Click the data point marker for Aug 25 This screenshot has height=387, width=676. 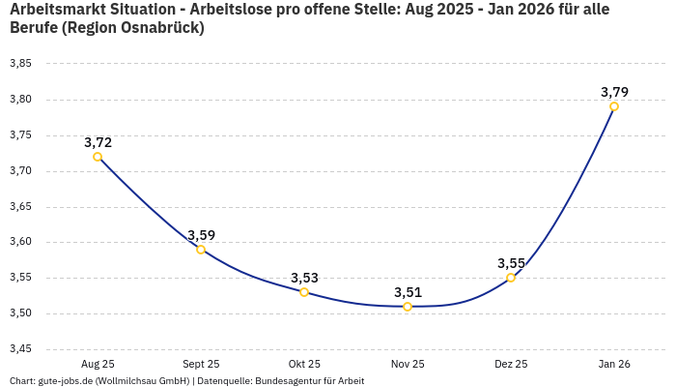(98, 157)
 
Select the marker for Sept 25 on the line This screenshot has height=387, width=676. (201, 250)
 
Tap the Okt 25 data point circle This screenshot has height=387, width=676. (304, 292)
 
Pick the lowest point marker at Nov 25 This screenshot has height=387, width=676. (408, 307)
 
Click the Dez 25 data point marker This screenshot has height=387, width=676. (511, 278)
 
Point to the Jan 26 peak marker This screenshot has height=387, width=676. (614, 106)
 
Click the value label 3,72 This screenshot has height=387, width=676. (98, 142)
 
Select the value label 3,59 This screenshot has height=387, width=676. (201, 235)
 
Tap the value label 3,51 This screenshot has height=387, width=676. (408, 292)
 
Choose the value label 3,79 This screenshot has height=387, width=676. (614, 92)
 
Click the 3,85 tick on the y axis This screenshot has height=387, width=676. (20, 64)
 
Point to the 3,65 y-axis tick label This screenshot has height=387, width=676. (20, 207)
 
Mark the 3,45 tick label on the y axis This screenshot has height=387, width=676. (20, 349)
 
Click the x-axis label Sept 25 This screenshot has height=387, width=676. (201, 365)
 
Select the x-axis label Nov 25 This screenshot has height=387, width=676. (408, 365)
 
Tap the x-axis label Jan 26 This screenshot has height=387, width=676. (614, 365)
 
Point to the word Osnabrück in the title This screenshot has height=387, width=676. (157, 28)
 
